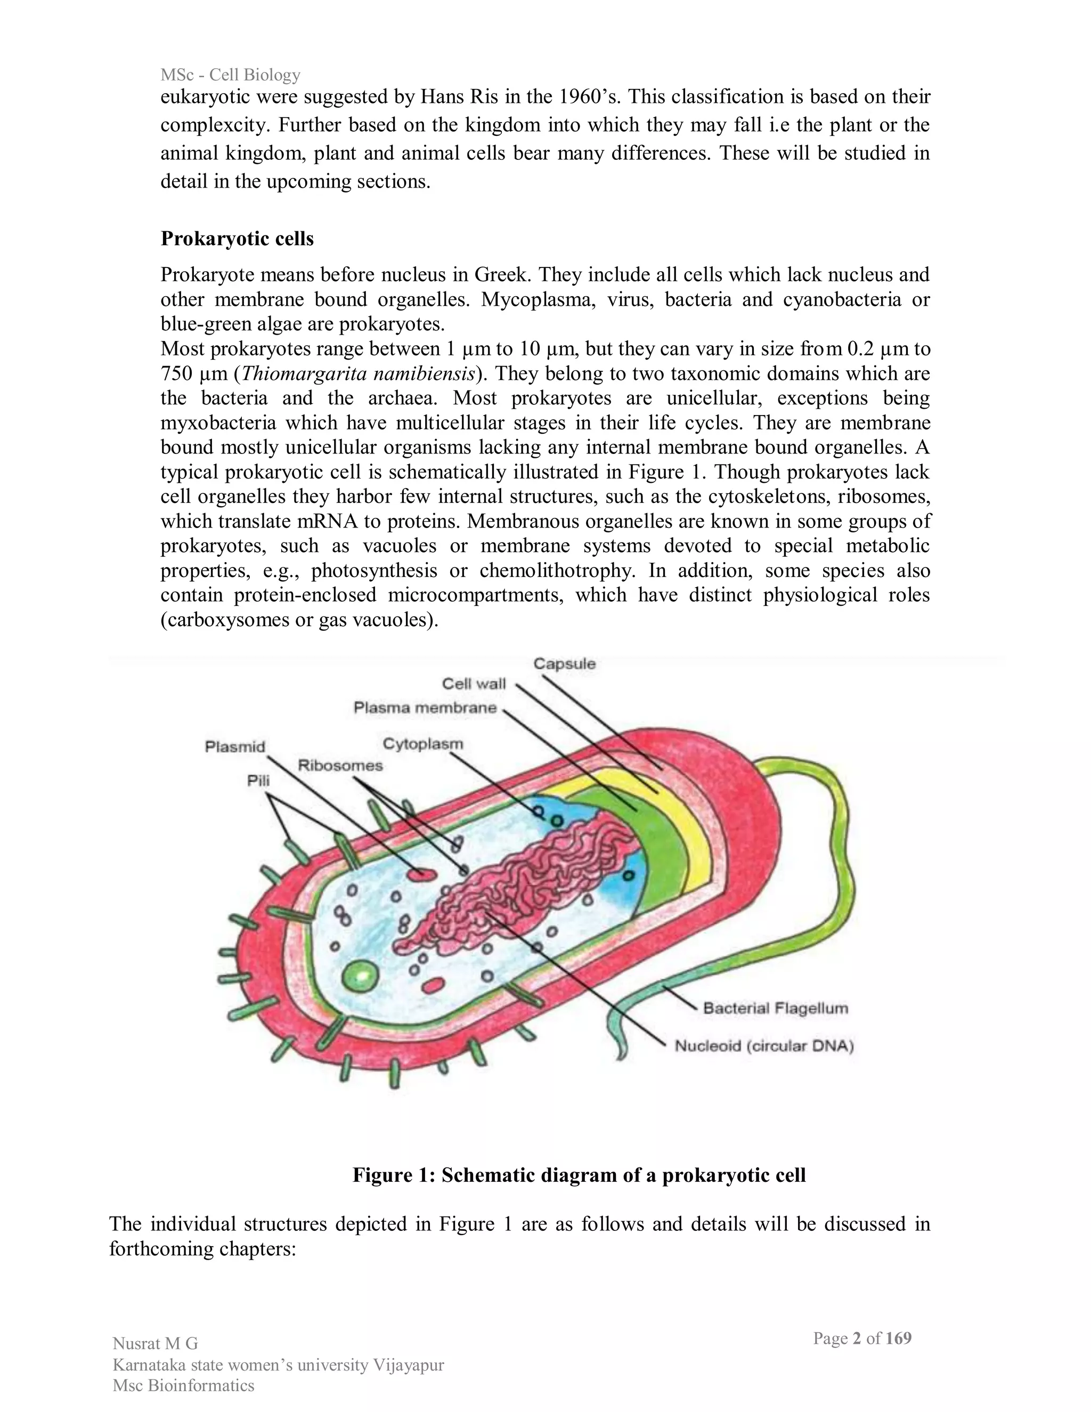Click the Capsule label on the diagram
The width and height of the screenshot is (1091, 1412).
(564, 663)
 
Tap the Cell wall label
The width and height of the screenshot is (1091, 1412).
(474, 684)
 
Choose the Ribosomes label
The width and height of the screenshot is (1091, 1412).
(340, 766)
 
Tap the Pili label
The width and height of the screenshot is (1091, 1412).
(258, 781)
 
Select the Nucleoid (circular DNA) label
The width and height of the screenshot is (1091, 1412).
(764, 1045)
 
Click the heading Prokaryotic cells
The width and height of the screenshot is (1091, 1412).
(237, 239)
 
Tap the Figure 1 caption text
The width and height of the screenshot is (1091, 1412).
(579, 1175)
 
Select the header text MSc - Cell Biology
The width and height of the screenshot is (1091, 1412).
(230, 75)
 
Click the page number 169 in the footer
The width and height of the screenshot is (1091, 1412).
(898, 1338)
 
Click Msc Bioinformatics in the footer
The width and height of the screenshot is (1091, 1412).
(184, 1385)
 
